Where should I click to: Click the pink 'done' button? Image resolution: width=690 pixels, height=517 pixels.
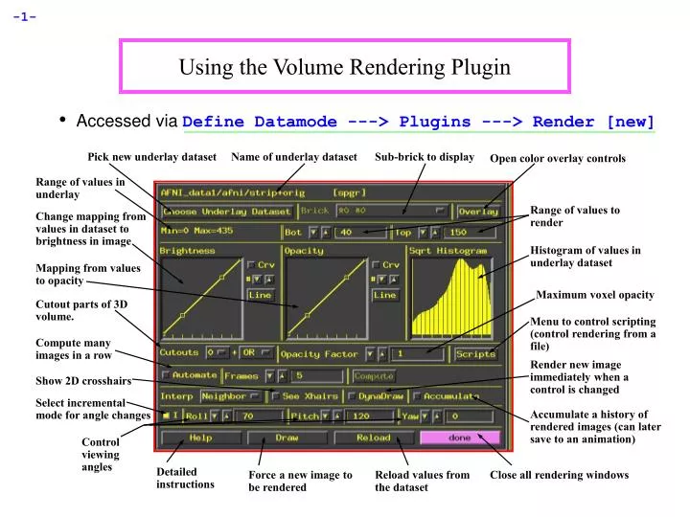click(x=460, y=438)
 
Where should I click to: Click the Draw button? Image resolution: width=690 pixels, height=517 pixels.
click(x=287, y=438)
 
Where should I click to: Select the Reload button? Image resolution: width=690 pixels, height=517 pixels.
click(x=374, y=438)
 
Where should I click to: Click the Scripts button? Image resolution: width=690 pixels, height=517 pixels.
click(x=475, y=353)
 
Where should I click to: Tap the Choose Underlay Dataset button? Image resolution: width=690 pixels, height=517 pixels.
click(x=226, y=211)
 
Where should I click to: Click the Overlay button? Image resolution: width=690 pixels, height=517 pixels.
click(x=478, y=211)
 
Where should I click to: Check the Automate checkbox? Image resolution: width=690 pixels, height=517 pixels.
click(x=168, y=375)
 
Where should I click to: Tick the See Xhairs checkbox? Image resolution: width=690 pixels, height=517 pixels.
click(x=276, y=396)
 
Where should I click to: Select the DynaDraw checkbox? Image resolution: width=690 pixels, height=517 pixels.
click(x=352, y=396)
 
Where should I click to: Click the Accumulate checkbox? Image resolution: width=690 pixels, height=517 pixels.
click(x=417, y=396)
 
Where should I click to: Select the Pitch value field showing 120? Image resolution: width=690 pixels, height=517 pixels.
click(x=367, y=416)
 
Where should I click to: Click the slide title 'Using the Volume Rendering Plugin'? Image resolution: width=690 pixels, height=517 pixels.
click(x=344, y=67)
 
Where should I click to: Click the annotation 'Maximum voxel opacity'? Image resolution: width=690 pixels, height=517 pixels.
click(x=594, y=295)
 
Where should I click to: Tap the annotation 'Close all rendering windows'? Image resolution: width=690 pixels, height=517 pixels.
click(x=559, y=475)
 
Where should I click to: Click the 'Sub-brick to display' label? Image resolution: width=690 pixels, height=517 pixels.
click(x=424, y=156)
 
